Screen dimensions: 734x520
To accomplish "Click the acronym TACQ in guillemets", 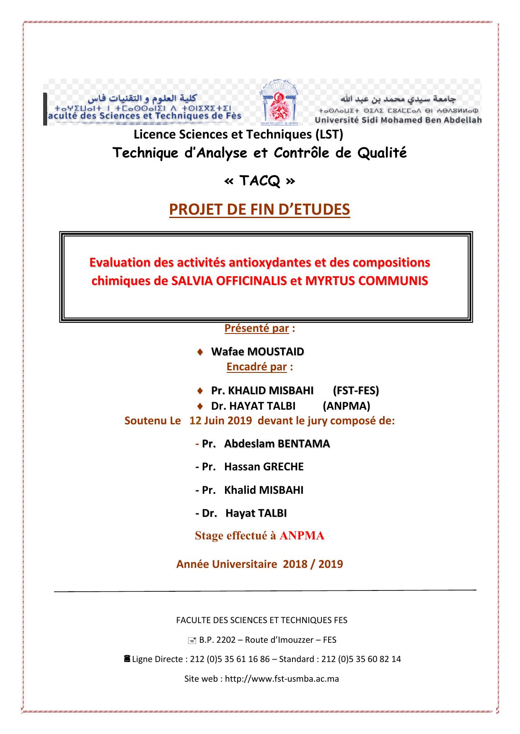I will tap(260, 181).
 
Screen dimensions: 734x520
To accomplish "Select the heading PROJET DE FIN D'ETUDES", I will tap(259, 209).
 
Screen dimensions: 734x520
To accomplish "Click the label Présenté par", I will tap(256, 329).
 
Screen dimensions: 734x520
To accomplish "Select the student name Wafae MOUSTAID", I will tap(257, 352).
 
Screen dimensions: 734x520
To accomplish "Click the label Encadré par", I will tap(256, 367).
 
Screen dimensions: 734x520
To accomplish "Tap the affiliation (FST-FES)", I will tap(356, 390).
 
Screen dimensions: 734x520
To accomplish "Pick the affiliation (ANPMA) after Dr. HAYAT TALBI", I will tap(346, 406).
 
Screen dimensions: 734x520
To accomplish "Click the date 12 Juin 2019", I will tap(220, 421).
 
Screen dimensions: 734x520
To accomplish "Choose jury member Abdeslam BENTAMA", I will tap(277, 444).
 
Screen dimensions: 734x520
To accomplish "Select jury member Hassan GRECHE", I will tap(264, 467).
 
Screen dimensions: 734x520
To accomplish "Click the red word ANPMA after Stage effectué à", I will tap(302, 536).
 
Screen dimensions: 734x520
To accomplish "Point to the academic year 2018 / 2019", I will tap(313, 564).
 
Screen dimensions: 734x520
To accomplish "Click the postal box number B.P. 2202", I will tap(220, 640).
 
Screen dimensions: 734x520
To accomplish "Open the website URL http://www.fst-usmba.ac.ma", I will tap(282, 679).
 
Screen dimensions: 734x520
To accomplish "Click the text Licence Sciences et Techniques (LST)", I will tap(238, 135).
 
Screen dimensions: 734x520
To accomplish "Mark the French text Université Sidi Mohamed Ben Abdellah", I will tap(398, 121).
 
